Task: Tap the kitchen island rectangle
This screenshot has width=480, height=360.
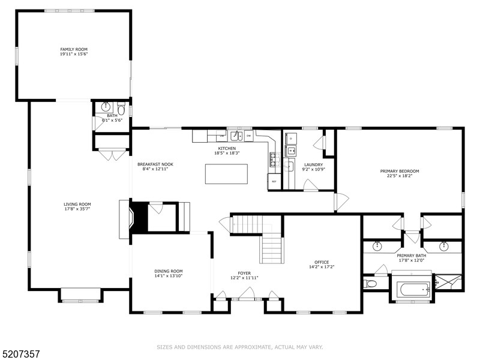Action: [226, 174]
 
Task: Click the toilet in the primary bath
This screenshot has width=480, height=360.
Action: [370, 283]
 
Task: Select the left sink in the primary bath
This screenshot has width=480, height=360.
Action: [377, 246]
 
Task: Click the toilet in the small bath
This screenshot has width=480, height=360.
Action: [121, 110]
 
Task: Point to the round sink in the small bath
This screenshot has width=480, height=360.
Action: [106, 107]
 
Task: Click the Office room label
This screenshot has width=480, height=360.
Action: [322, 262]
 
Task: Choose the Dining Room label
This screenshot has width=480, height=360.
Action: [168, 271]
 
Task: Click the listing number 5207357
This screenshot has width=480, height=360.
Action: [22, 346]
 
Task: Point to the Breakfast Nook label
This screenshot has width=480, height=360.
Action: [155, 164]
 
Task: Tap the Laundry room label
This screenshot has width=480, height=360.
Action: [313, 164]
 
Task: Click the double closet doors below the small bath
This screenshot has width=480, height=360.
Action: [111, 155]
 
